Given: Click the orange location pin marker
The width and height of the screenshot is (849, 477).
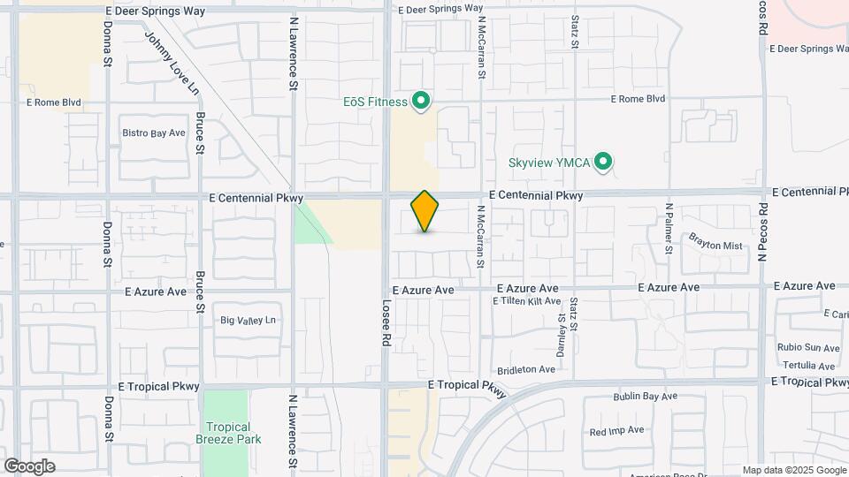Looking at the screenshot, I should pos(425,211).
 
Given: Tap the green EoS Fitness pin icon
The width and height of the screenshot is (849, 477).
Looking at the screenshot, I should pos(422,102).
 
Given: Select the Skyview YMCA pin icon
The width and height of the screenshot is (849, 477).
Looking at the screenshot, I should pos(604,162).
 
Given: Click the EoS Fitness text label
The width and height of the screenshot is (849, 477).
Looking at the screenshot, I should pos(375,102).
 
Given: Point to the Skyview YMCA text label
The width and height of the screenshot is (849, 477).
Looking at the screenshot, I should pos(549,163).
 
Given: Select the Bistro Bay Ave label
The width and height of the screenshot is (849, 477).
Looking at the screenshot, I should pos(154,133).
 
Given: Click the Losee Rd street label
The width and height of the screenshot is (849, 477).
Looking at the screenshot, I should pos(386,327).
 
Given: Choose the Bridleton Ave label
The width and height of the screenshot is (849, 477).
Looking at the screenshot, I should pos(525,369).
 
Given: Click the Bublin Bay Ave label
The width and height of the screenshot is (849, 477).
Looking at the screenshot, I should pos(645,397).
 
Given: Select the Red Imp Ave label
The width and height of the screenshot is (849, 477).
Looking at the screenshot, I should pos(616,431).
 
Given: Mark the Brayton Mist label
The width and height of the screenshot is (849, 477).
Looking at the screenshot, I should pos(715,246).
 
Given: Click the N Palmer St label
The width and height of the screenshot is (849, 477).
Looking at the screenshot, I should pos(669,227).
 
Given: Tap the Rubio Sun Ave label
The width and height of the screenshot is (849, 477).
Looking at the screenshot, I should pos(808,348).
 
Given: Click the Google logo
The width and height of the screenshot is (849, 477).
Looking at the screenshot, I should pos(29,466).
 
